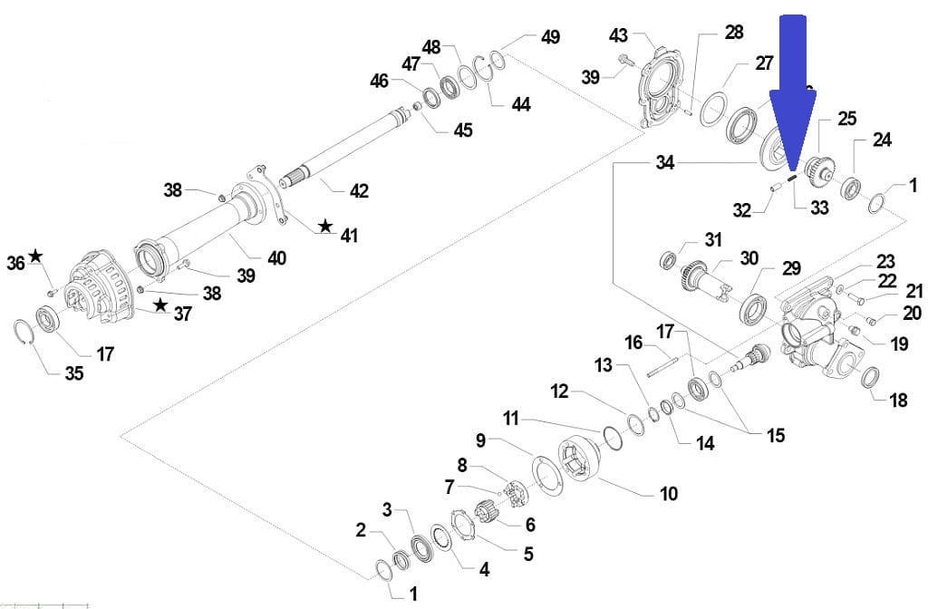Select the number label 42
359,191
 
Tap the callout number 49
549,37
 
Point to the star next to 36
35,256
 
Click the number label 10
668,494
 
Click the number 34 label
665,163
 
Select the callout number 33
818,208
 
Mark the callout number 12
559,391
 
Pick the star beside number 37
160,305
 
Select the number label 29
791,268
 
